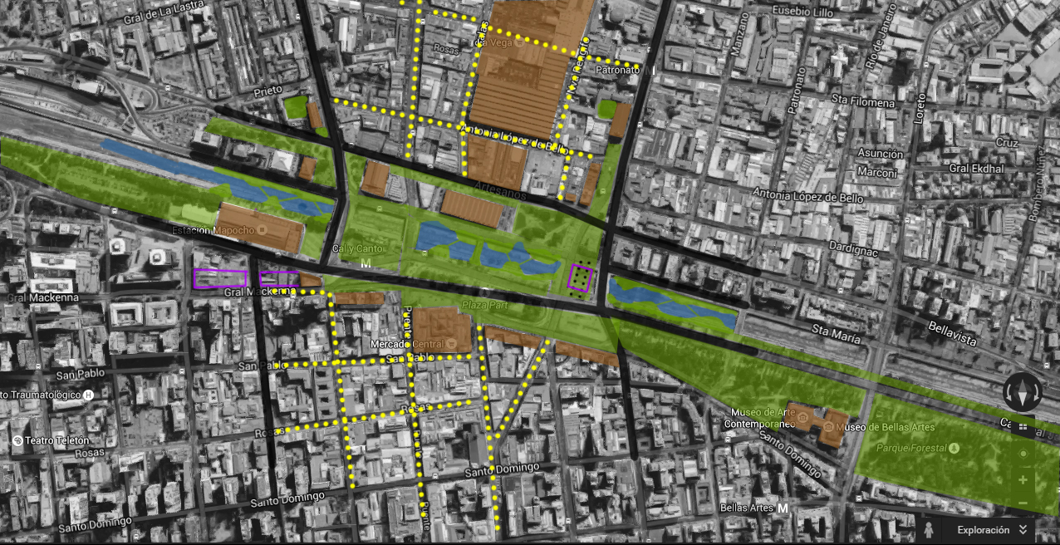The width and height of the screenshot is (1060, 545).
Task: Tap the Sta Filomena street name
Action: coord(863,101)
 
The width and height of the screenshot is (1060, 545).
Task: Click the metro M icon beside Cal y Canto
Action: coord(366,263)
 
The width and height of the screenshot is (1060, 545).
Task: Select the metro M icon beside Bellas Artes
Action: coord(783,508)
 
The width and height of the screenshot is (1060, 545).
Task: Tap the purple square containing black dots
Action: coord(580,277)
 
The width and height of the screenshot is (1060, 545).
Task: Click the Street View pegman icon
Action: coord(928,528)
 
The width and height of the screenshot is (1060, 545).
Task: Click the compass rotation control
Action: coord(1021,391)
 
